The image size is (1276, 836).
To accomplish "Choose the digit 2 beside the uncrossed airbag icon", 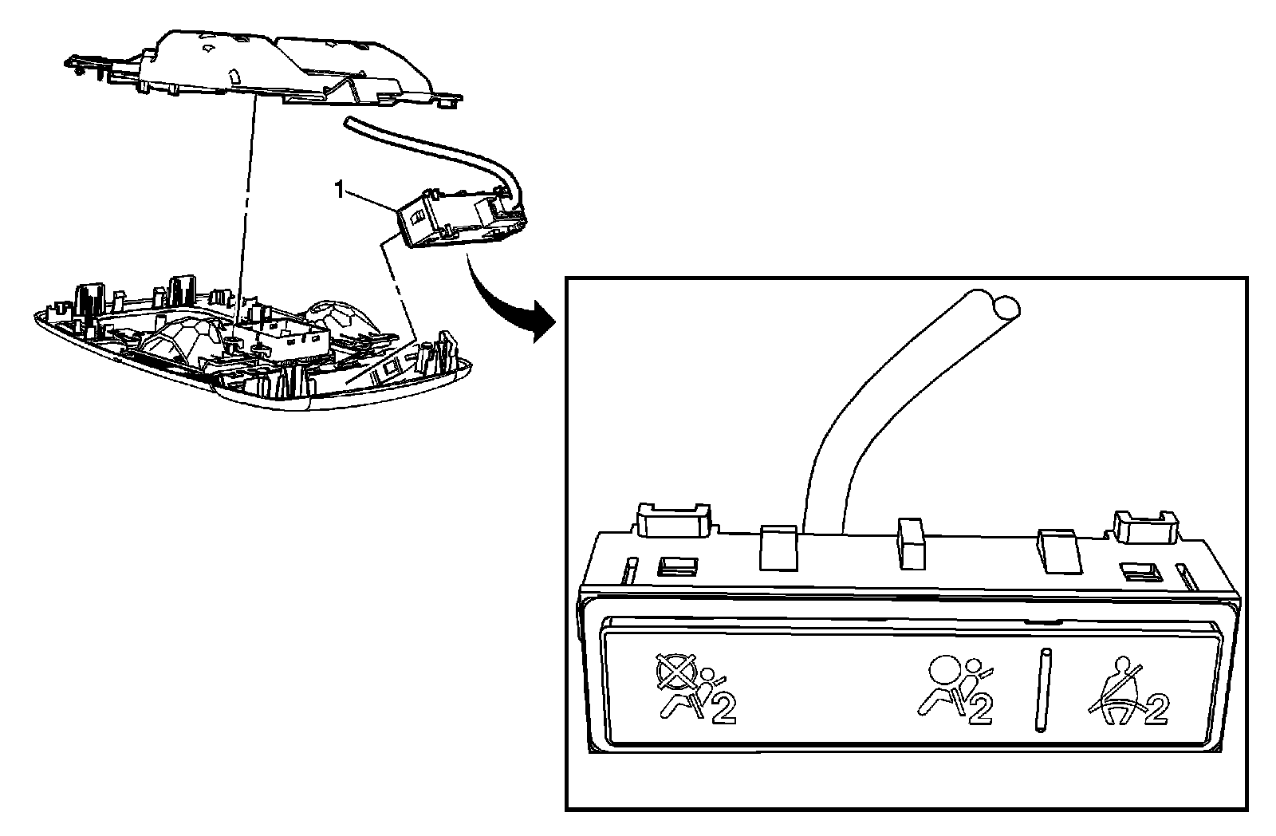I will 979,709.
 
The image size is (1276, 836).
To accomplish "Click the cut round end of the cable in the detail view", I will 1006,306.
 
